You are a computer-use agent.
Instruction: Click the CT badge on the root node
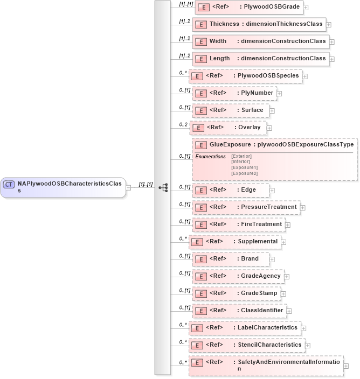(9, 184)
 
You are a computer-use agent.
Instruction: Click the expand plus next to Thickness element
(328, 24)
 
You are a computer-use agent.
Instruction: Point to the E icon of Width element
(200, 41)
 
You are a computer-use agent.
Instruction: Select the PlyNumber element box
(234, 93)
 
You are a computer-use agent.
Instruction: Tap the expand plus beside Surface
(272, 111)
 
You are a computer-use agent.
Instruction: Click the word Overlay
(250, 127)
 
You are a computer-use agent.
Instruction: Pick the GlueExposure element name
(230, 144)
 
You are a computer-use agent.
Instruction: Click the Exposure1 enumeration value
(244, 168)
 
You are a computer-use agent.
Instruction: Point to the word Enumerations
(210, 156)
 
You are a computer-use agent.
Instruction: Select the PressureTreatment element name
(268, 207)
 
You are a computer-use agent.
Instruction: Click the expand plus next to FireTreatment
(288, 224)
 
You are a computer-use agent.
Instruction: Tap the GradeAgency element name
(260, 276)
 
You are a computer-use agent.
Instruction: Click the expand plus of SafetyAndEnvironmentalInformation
(346, 366)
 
